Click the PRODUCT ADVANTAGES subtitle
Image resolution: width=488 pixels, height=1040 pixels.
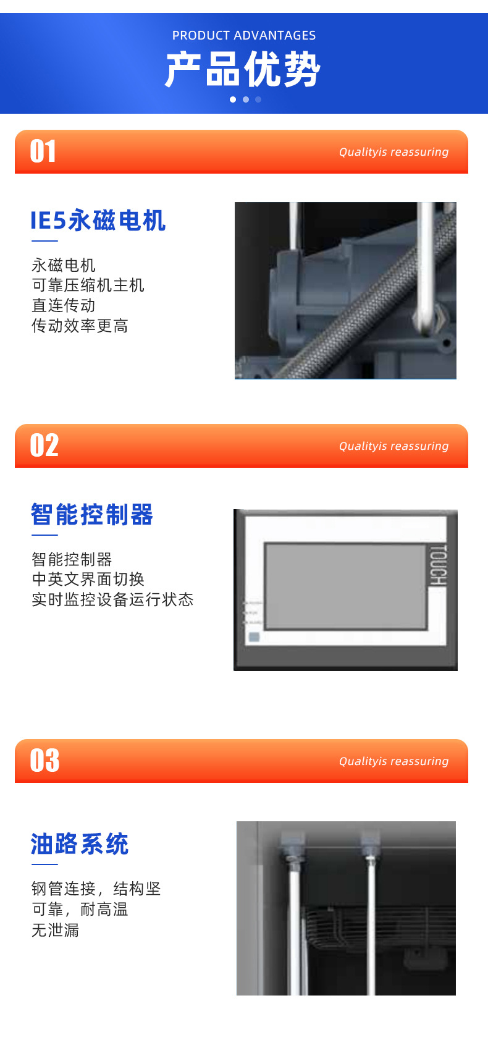click(244, 35)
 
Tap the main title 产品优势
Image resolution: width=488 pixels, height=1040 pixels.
click(243, 69)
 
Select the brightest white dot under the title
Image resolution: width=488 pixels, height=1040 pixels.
click(233, 99)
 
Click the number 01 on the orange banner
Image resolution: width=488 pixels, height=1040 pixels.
click(43, 151)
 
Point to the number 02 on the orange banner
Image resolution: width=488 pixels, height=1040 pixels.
click(44, 446)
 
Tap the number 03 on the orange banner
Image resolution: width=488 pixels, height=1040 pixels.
click(45, 761)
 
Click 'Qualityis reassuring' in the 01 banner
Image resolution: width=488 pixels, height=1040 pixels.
click(393, 152)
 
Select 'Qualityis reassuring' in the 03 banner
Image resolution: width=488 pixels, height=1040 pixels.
click(393, 761)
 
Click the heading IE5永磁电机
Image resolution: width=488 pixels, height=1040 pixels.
click(98, 221)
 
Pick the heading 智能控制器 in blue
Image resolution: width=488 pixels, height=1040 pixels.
click(92, 515)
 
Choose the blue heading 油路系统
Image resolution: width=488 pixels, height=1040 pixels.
click(80, 844)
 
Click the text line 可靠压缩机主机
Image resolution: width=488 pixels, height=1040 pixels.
click(88, 285)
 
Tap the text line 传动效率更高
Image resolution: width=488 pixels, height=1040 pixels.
click(80, 326)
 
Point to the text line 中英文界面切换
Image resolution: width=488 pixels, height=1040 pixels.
click(88, 580)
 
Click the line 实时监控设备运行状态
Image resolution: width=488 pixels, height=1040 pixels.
click(112, 600)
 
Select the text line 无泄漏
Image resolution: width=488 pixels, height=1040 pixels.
click(56, 930)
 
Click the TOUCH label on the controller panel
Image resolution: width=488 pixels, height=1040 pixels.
click(437, 565)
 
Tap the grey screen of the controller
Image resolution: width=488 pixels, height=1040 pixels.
click(345, 586)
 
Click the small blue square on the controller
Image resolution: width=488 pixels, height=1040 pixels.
click(254, 637)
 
